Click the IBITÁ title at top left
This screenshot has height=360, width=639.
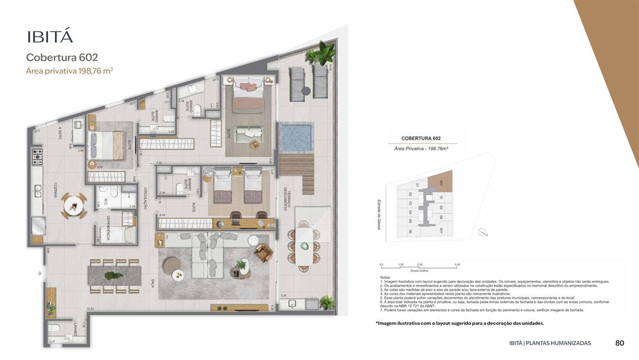point(50,36)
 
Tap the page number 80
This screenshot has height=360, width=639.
point(619,343)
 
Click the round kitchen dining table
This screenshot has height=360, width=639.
point(75,205)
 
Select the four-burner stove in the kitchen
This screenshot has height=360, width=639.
point(38,156)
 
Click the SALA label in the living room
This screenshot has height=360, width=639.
point(153,284)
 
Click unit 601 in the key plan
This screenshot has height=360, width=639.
point(441,230)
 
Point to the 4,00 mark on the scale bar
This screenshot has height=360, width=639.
point(456,265)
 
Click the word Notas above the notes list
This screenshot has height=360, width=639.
point(386,277)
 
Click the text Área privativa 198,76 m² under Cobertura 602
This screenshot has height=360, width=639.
point(69,70)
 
